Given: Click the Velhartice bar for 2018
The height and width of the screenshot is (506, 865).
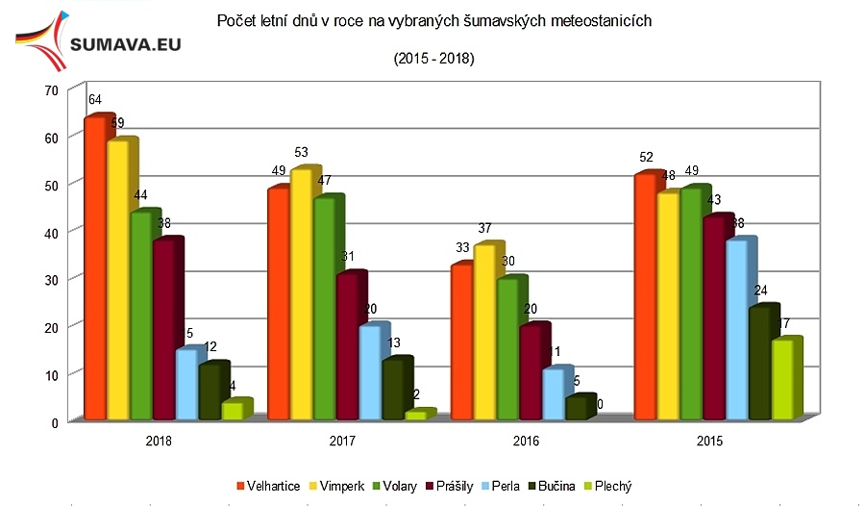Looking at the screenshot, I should [x=94, y=269].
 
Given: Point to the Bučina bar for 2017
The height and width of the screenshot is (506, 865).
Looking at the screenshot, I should [x=392, y=390].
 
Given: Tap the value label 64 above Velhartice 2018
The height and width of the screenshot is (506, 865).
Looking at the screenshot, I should [x=94, y=100].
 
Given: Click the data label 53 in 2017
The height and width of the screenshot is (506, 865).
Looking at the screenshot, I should [x=302, y=152].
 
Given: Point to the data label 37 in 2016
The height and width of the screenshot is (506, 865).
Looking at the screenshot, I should [x=484, y=228].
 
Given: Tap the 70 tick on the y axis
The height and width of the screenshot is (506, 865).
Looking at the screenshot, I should [x=51, y=89].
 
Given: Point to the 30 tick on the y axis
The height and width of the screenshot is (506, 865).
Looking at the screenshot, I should [x=51, y=279].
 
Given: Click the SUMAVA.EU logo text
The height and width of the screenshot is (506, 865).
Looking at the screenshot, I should [x=127, y=43].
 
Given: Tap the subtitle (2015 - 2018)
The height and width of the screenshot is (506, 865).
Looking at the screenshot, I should [x=434, y=60].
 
